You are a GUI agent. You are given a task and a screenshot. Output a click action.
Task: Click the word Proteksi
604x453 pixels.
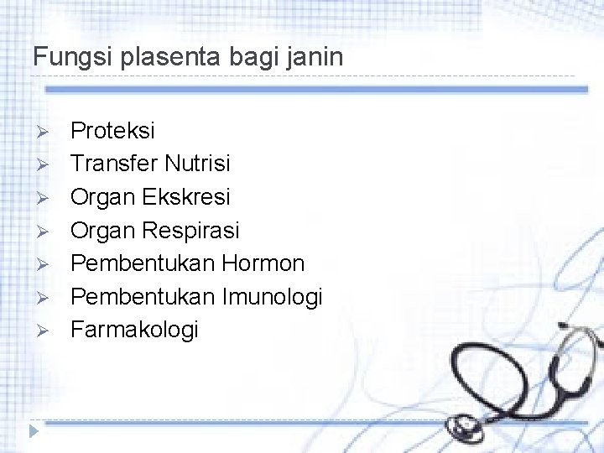112,131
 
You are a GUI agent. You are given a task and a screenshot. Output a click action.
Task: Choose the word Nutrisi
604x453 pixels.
197,164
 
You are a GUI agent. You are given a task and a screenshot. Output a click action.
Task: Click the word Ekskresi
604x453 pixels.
185,196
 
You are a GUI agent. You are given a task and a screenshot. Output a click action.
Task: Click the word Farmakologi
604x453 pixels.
134,330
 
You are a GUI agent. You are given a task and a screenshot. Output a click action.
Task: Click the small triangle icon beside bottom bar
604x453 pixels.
34,430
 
